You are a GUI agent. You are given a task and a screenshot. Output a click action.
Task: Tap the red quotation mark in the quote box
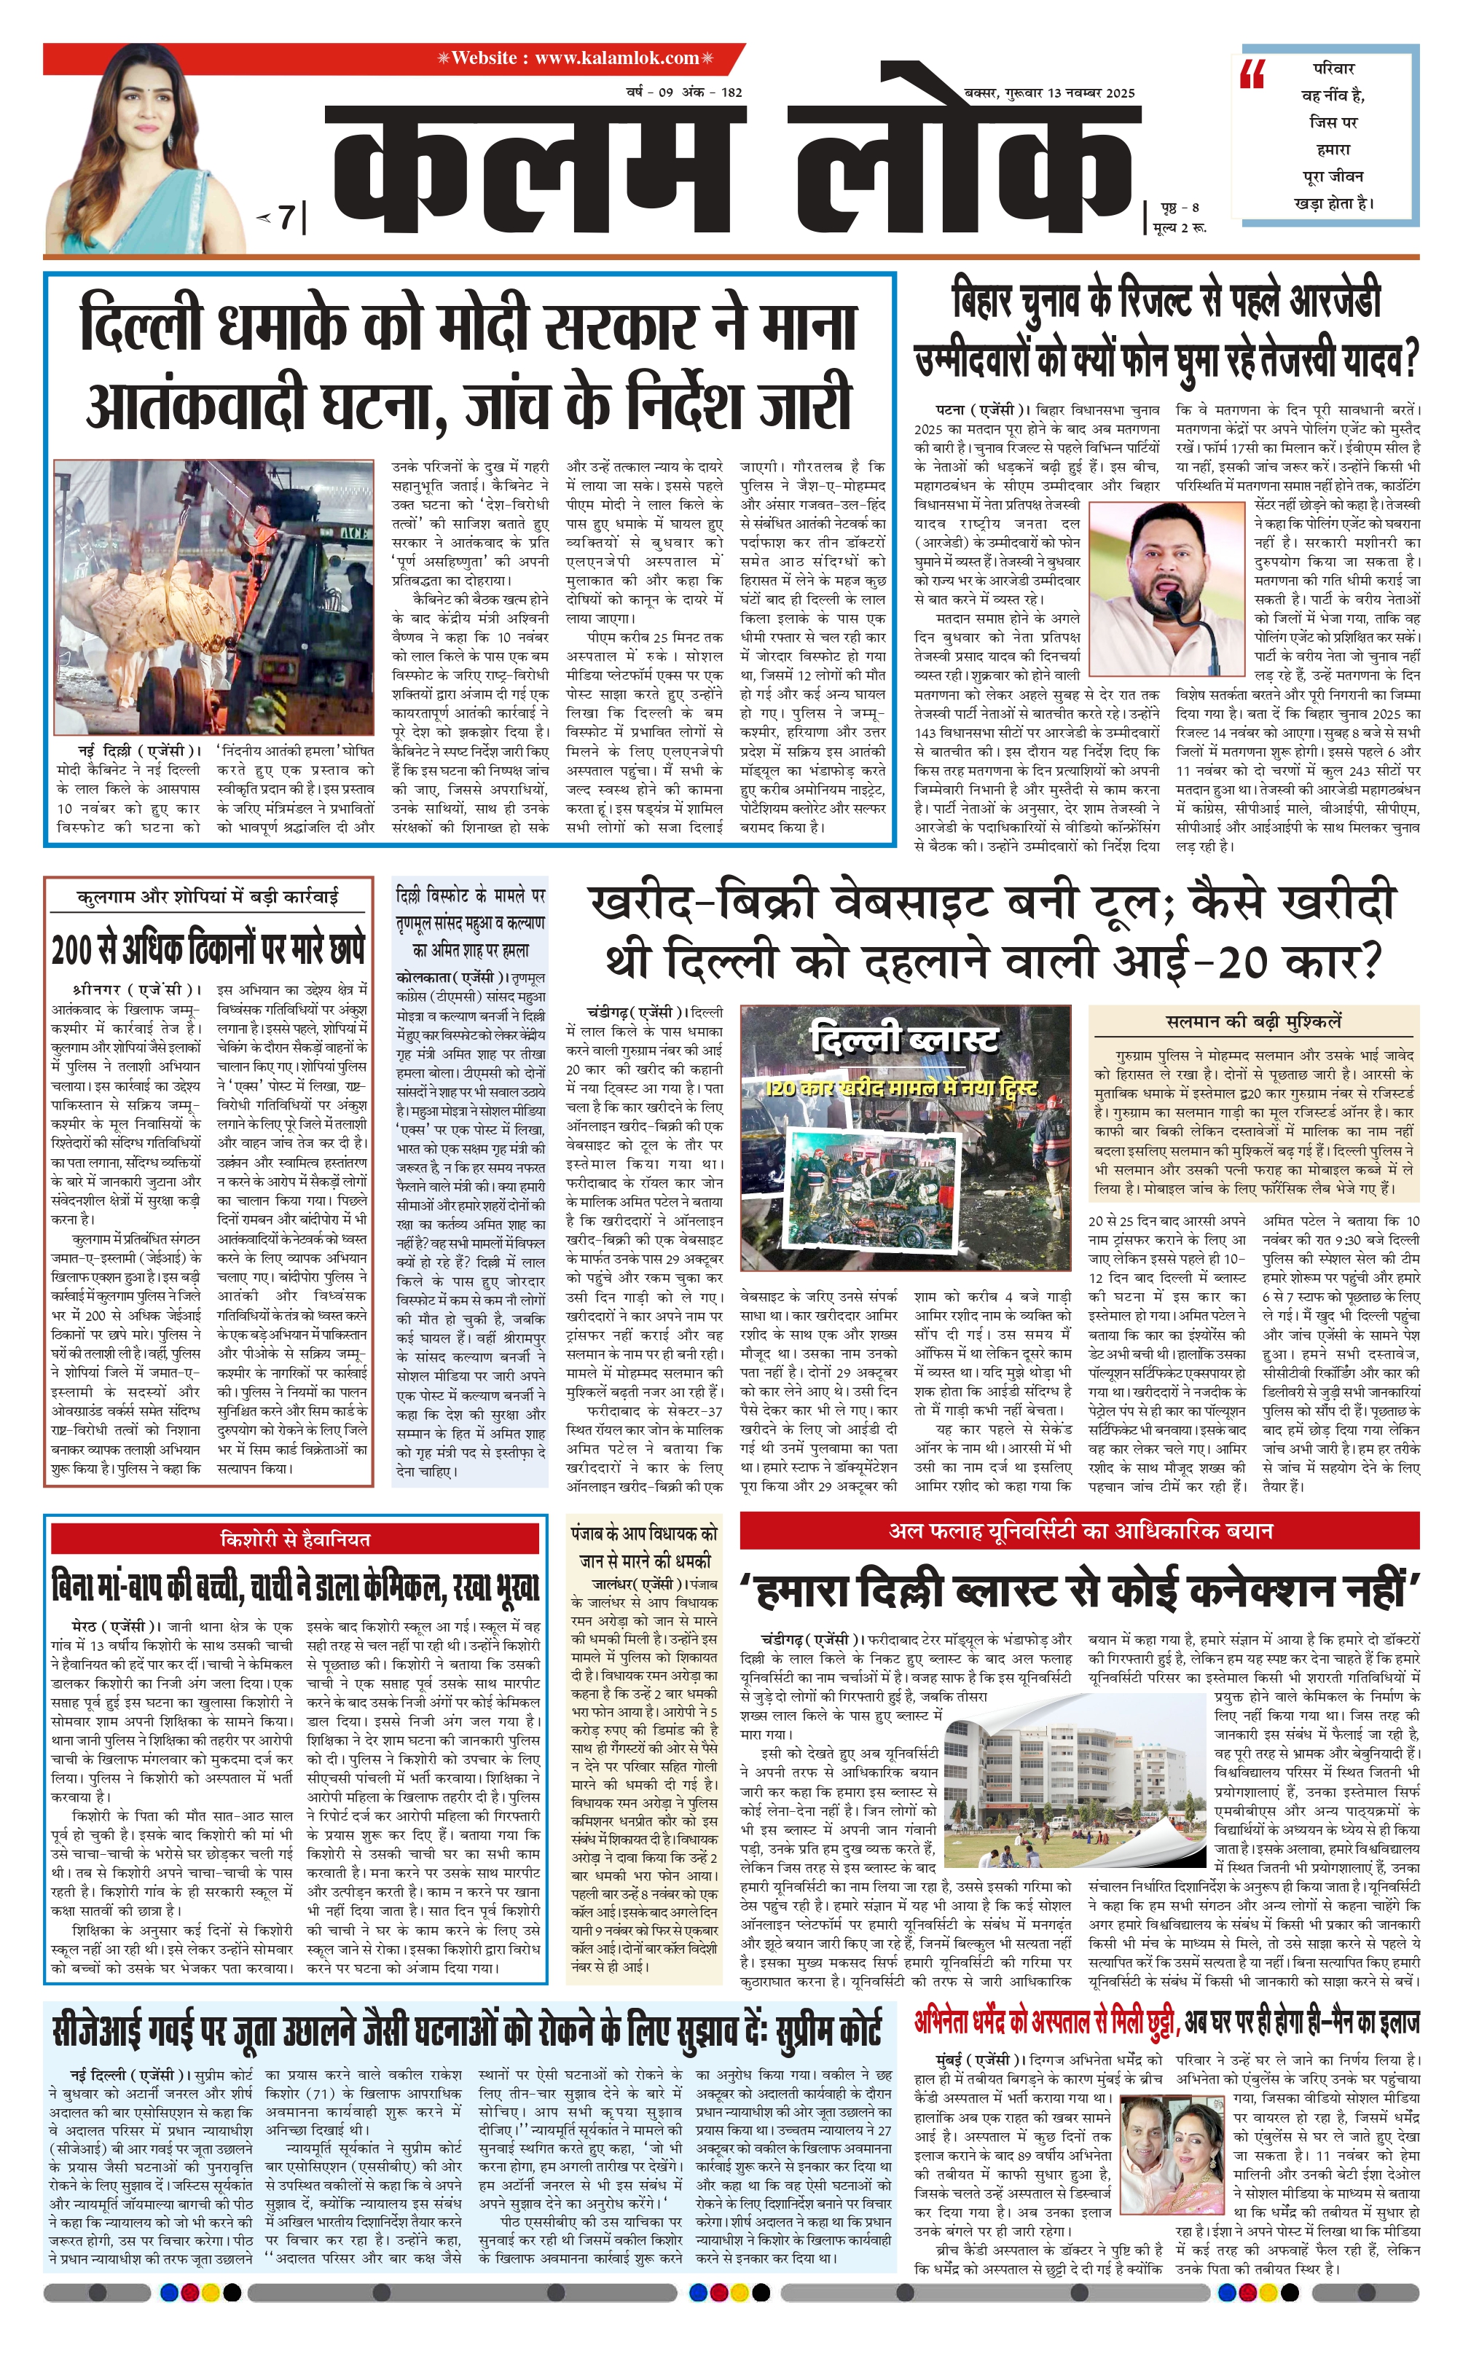pyautogui.click(x=1252, y=74)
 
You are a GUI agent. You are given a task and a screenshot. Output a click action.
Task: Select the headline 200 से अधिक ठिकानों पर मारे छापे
pyautogui.click(x=208, y=949)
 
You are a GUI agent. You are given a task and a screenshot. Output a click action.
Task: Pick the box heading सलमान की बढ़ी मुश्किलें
pyautogui.click(x=1253, y=1021)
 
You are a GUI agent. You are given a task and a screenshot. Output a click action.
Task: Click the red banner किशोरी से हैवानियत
pyautogui.click(x=294, y=1539)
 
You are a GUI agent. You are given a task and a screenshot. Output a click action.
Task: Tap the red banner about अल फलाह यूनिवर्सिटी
pyautogui.click(x=1080, y=1531)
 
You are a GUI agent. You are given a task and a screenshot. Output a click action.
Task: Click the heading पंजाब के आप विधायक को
pyautogui.click(x=643, y=1534)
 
